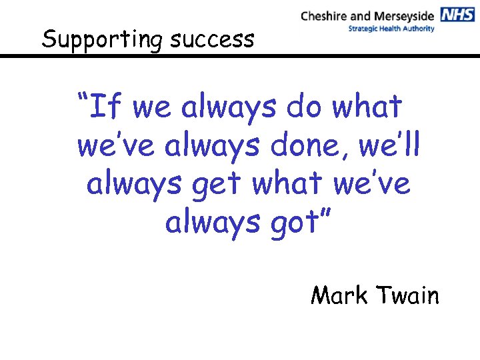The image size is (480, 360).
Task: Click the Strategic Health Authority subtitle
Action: (x=391, y=29)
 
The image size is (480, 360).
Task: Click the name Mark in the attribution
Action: (x=339, y=294)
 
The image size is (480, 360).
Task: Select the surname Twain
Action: (x=407, y=294)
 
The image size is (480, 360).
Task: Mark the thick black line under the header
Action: (x=240, y=57)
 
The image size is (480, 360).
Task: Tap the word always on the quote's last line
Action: (x=203, y=223)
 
